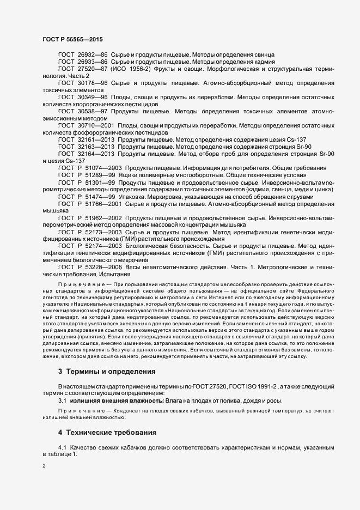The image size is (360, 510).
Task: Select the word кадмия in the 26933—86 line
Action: click(x=261, y=63)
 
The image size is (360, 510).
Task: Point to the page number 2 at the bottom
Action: click(x=44, y=466)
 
